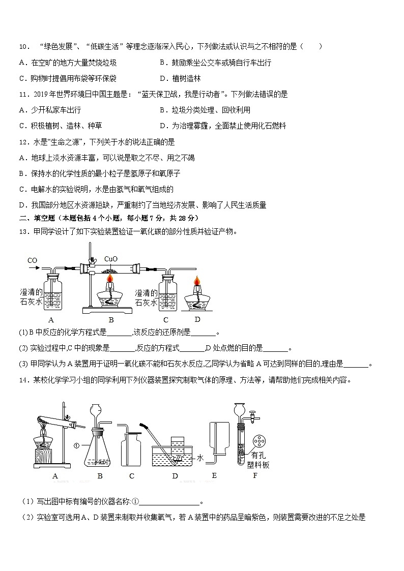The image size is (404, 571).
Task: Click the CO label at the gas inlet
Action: coord(32,261)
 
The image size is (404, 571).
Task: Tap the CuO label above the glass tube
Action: coord(111,259)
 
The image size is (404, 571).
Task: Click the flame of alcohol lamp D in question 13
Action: coord(196,282)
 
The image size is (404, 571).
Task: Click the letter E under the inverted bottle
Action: coord(214,475)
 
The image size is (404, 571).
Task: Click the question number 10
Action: coord(24,47)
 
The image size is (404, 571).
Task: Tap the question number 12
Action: coord(24,142)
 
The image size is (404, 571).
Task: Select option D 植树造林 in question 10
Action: coord(180,78)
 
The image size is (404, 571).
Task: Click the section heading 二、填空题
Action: coord(36,218)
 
